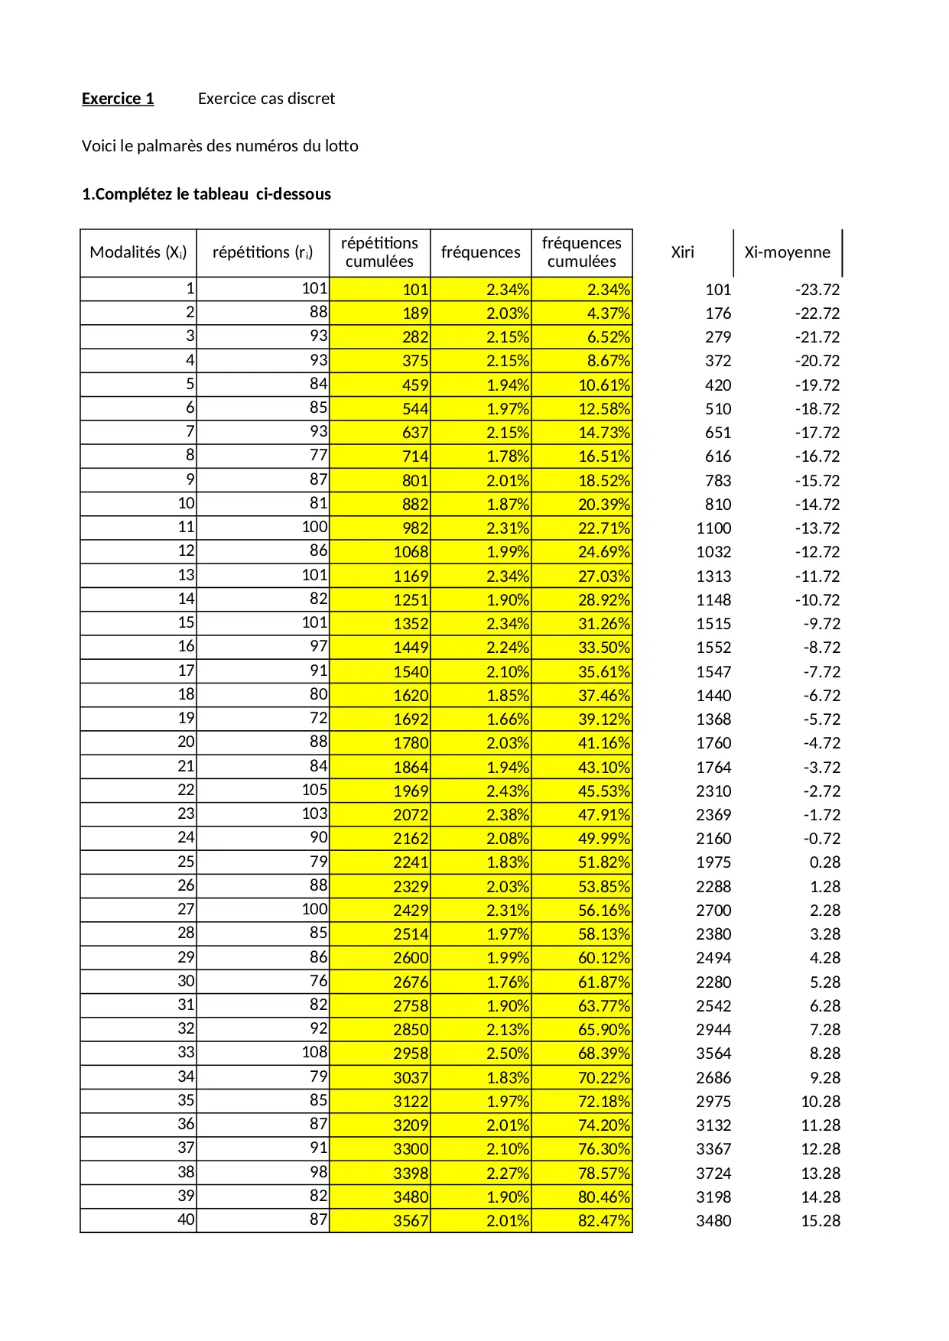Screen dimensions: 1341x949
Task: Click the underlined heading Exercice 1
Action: (x=118, y=99)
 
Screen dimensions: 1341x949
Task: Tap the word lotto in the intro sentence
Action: (x=341, y=146)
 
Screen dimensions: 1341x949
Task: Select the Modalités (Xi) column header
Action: (x=138, y=252)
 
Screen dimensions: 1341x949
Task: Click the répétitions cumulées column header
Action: (x=379, y=252)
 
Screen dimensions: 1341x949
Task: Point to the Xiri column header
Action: (x=682, y=252)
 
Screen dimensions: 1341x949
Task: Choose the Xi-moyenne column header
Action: (x=787, y=252)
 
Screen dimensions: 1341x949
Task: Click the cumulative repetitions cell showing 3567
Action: (x=411, y=1221)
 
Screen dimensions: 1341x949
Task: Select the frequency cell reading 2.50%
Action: (x=508, y=1054)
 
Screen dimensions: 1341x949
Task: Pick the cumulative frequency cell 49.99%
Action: (x=603, y=839)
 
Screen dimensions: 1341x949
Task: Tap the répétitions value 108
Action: (x=314, y=1052)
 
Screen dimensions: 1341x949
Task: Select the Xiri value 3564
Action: (x=713, y=1054)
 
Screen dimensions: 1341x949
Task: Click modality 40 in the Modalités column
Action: (x=186, y=1219)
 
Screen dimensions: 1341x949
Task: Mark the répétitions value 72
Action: (x=318, y=718)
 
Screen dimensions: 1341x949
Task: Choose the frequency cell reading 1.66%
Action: (x=508, y=719)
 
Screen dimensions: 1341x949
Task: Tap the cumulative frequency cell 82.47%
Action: (x=603, y=1221)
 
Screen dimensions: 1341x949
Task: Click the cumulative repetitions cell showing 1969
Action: (x=411, y=791)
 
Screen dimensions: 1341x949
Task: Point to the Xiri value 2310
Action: (x=713, y=791)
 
